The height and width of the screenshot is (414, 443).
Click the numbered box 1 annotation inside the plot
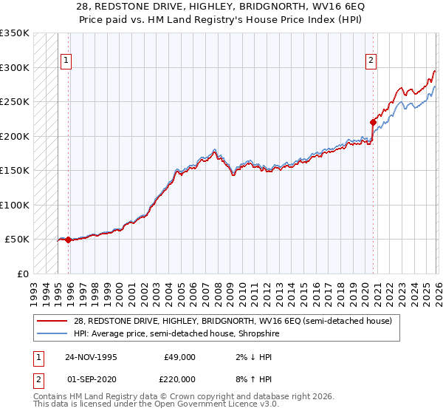coord(66,61)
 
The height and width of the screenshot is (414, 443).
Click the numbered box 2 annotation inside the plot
coord(371,61)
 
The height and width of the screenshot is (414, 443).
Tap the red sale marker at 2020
coord(373,122)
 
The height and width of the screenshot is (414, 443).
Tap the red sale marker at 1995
coord(69,240)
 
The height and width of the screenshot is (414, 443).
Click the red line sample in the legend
coord(54,320)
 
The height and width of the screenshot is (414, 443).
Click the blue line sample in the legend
coord(54,333)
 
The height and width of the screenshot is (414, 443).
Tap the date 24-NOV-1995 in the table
coord(91,356)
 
